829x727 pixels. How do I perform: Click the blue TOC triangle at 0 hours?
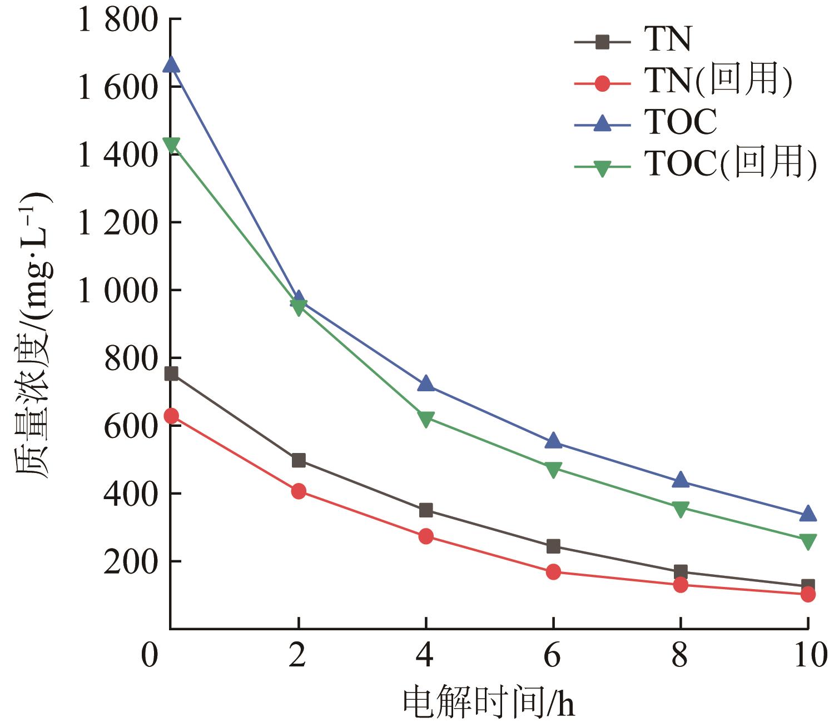click(172, 65)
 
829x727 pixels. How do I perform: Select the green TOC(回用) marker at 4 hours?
click(426, 419)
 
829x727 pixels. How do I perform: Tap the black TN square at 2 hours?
click(299, 460)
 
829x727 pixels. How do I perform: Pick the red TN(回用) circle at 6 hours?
click(553, 572)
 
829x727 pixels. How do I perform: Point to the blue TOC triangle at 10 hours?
click(808, 515)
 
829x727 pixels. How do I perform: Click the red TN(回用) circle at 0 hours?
click(172, 416)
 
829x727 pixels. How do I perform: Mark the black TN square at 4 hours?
click(426, 510)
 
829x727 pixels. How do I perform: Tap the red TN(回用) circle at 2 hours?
click(299, 491)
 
